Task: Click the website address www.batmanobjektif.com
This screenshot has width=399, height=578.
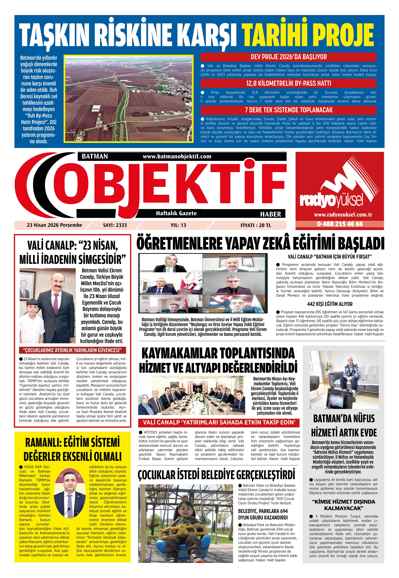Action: click(x=177, y=156)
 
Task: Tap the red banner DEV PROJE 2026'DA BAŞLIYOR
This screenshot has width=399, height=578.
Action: click(x=288, y=57)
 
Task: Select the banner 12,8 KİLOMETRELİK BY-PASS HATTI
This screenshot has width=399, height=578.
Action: click(x=288, y=83)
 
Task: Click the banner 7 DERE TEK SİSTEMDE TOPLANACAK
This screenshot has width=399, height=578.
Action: click(x=288, y=110)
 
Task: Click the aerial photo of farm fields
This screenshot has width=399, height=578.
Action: click(x=129, y=98)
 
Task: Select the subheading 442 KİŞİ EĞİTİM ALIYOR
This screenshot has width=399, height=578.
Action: click(x=329, y=304)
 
